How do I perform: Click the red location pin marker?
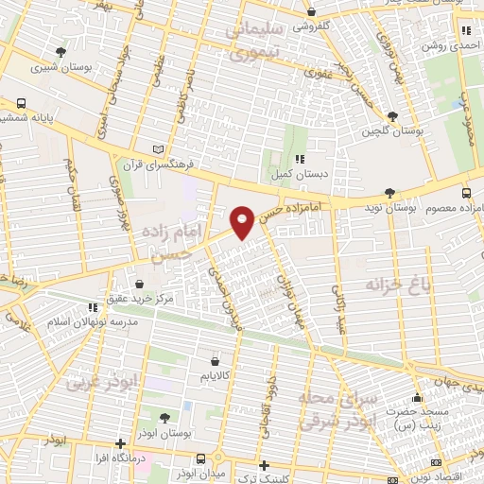click(x=242, y=221)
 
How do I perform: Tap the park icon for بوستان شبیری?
click(x=62, y=52)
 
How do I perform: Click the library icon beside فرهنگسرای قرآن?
click(x=158, y=149)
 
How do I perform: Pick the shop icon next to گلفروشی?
click(x=312, y=12)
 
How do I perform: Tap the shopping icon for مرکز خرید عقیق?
click(x=140, y=283)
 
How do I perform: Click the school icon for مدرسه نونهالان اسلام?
click(x=92, y=307)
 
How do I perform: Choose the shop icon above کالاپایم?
click(x=216, y=361)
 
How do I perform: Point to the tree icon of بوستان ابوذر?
click(x=165, y=417)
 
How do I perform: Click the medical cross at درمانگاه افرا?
click(x=119, y=443)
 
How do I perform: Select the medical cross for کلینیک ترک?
click(x=265, y=465)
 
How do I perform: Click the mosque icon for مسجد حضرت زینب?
click(x=417, y=397)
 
